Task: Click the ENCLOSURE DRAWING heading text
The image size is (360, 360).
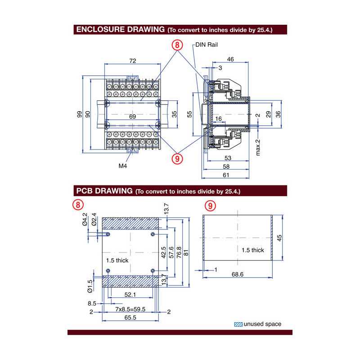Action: point(120,30)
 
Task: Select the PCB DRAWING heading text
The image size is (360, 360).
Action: point(103,191)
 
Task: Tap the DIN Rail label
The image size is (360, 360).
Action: point(207,45)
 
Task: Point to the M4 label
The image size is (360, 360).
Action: point(123,166)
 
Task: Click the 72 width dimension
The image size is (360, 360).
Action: point(133,60)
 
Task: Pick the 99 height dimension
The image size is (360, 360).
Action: point(80,114)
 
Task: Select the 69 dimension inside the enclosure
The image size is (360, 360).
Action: point(132,117)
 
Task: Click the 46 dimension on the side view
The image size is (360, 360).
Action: point(230,59)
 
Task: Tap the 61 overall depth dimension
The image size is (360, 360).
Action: point(226,175)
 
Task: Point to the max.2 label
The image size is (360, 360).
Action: point(258,147)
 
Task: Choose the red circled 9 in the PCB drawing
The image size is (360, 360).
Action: point(210,206)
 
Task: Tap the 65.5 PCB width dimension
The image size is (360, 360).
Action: point(130,318)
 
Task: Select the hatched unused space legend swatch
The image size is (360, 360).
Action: point(238,324)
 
